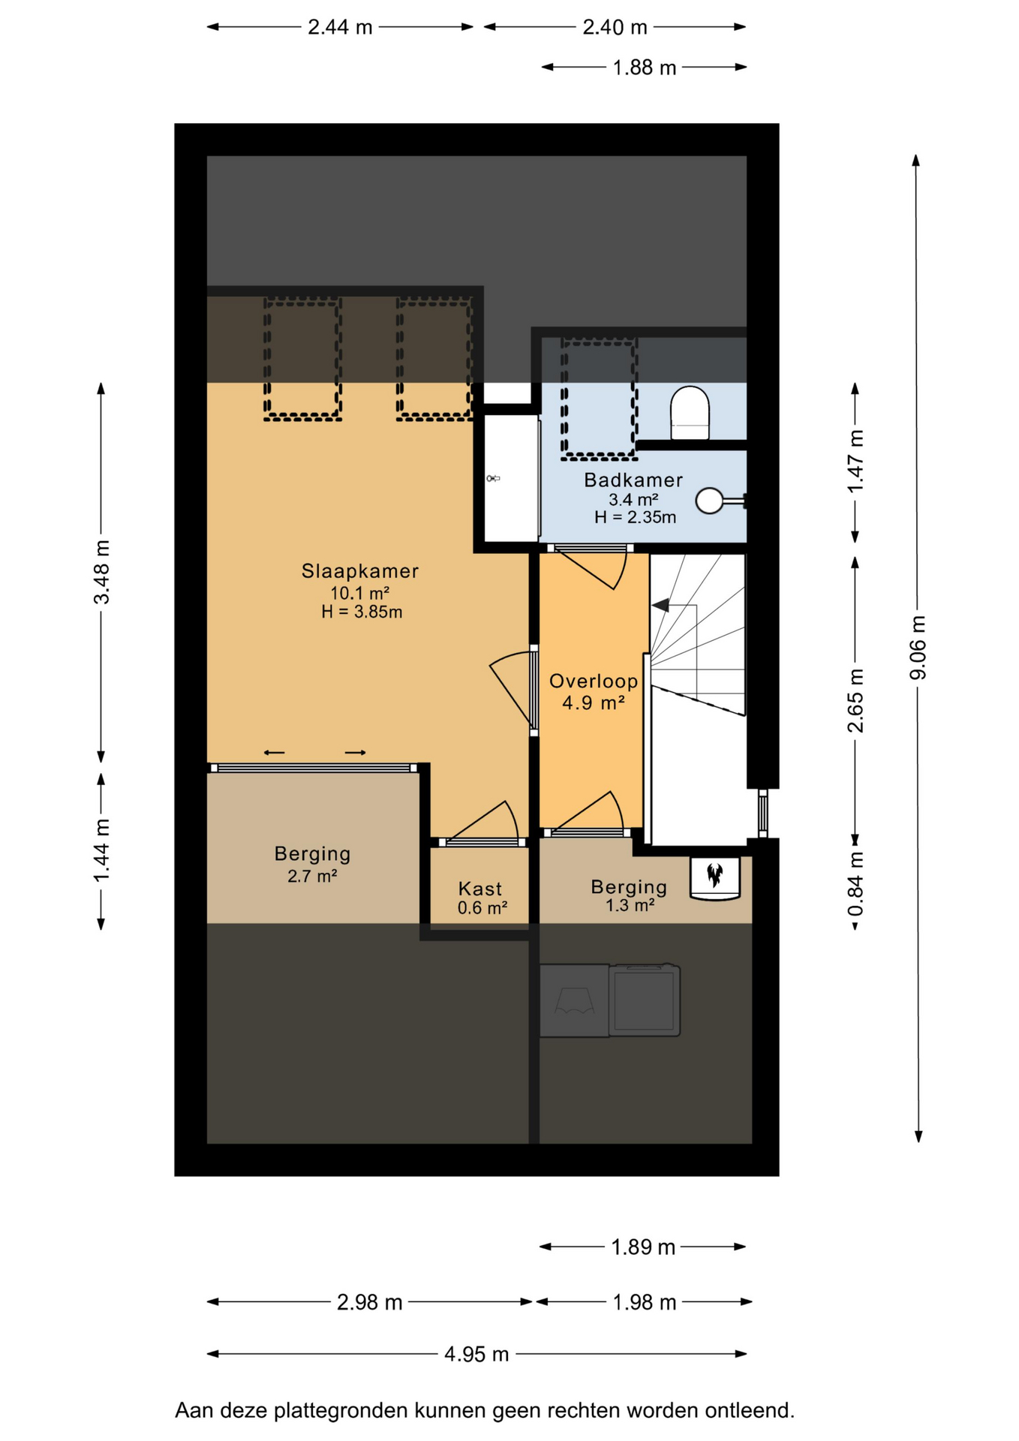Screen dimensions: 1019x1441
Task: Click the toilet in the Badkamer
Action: [x=689, y=413]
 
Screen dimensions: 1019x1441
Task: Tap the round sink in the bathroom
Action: [x=710, y=501]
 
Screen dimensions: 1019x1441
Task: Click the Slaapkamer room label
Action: [x=360, y=571]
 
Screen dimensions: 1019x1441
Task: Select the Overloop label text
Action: [x=594, y=681]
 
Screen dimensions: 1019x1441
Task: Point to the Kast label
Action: [x=480, y=889]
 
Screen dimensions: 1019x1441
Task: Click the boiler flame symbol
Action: [x=714, y=874]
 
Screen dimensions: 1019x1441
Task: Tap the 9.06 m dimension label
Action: [x=918, y=648]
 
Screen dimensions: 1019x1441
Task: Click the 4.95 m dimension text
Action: [x=476, y=1354]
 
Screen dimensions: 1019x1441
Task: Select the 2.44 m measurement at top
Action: [x=340, y=27]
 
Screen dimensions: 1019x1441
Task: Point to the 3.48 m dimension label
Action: [x=101, y=572]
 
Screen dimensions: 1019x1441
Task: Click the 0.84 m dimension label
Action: [x=855, y=885]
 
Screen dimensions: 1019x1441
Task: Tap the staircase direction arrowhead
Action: [x=660, y=604]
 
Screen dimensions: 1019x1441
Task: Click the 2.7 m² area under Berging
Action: [x=312, y=875]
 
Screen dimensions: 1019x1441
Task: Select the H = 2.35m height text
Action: [x=635, y=517]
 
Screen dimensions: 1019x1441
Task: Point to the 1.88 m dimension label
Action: [x=645, y=68]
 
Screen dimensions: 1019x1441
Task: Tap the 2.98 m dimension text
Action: [x=369, y=1302]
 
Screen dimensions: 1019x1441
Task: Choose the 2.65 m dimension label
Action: [x=855, y=700]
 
